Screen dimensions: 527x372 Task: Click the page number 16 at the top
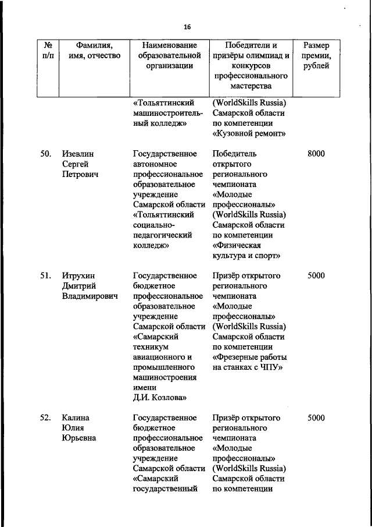187,27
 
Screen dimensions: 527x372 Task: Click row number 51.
48,275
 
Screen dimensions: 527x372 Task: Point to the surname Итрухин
78,275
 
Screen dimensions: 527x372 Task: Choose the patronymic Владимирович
90,296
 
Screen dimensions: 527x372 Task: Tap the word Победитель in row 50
234,154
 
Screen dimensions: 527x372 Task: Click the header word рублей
316,66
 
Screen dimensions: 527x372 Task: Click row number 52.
48,418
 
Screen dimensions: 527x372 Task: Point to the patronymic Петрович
80,174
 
